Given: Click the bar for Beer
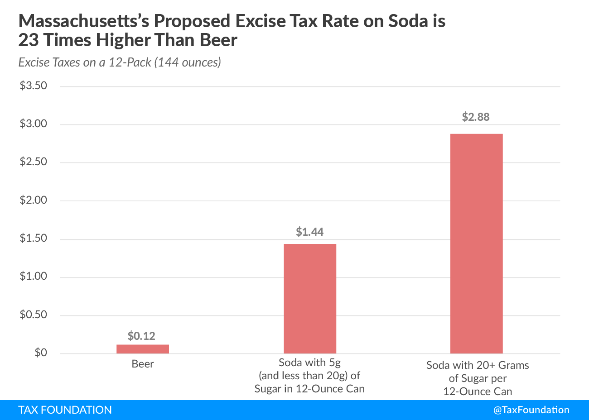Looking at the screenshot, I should point(143,349).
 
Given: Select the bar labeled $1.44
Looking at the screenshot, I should point(310,299).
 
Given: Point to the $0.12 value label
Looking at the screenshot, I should point(141,336).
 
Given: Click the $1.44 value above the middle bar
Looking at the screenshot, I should point(310,232).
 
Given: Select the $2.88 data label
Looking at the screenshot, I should point(476,117).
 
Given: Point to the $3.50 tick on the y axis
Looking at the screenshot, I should point(34,86).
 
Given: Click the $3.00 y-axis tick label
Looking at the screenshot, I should point(34,124).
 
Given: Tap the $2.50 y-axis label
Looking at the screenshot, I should point(34,162).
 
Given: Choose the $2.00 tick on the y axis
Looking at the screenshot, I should point(34,200).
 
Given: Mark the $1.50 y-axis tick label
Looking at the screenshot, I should point(34,239).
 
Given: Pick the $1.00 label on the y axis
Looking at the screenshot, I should point(34,277).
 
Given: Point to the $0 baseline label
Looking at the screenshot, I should point(41,353).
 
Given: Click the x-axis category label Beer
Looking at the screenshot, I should point(143,364).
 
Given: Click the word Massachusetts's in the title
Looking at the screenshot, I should point(84,21).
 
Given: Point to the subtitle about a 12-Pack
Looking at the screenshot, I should point(120,62).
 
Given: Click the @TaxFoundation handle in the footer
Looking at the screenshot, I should point(531,410).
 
